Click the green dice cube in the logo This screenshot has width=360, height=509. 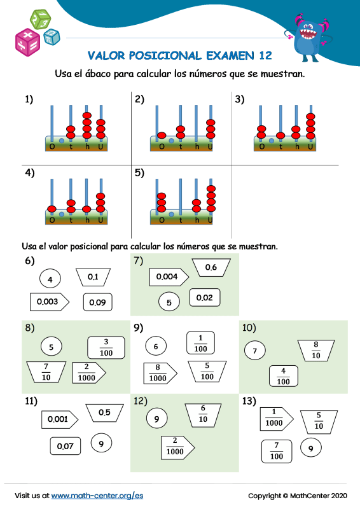(x=44, y=20)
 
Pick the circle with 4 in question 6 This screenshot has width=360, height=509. (x=50, y=279)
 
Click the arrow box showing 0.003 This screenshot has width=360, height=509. (x=49, y=301)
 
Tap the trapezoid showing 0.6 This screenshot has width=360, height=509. (x=211, y=268)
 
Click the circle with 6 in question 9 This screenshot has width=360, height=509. (x=156, y=347)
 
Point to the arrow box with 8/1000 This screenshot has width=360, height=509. (x=159, y=372)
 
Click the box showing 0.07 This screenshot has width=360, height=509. (x=64, y=447)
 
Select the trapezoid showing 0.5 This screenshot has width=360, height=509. (x=104, y=413)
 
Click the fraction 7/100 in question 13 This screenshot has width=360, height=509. (x=276, y=452)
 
